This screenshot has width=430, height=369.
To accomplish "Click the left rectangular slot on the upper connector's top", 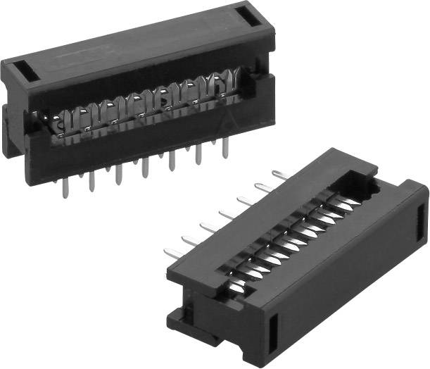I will pyautogui.click(x=20, y=70).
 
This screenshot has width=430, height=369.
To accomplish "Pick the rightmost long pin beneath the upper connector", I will pyautogui.click(x=225, y=148).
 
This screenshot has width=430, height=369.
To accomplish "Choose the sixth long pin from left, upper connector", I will pyautogui.click(x=199, y=154).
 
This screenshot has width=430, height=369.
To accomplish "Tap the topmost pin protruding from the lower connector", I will pyautogui.click(x=277, y=174).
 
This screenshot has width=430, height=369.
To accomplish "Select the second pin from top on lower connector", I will pyautogui.click(x=263, y=187).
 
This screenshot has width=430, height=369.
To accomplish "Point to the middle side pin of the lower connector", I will pyautogui.click(x=227, y=213).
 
